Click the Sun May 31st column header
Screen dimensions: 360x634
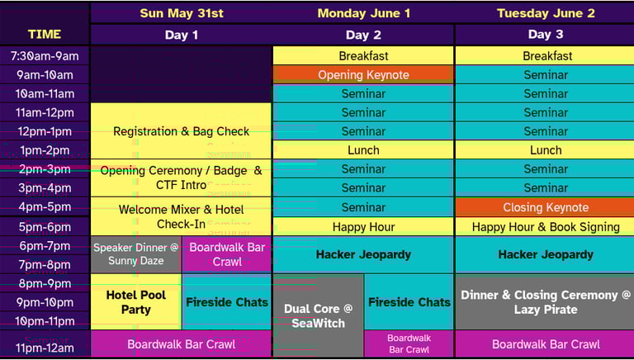pos(181,13)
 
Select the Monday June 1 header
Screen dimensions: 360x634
pos(363,13)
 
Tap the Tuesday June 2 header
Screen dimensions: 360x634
pos(545,13)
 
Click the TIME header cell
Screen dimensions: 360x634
pos(45,35)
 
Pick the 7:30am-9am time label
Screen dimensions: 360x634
pos(45,56)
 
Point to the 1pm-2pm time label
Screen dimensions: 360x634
pos(45,150)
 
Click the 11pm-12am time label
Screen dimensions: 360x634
pos(45,347)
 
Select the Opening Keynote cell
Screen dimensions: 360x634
pos(363,75)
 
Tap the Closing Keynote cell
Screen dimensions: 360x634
pos(545,207)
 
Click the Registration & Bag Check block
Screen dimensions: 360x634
pos(181,131)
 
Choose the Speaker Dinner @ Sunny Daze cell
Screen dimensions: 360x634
pos(135,254)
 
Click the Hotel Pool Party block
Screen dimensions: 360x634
pos(135,302)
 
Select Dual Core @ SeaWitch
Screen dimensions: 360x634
pos(318,315)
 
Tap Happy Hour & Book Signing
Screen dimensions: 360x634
pos(545,227)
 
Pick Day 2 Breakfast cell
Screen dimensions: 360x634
pos(363,56)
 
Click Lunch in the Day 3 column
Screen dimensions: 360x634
pos(545,150)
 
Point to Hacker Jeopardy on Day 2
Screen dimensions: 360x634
pos(363,255)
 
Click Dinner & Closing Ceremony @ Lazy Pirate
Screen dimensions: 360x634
pos(545,302)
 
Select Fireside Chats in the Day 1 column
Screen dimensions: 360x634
pos(226,302)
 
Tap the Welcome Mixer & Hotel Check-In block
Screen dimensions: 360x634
pos(181,216)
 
